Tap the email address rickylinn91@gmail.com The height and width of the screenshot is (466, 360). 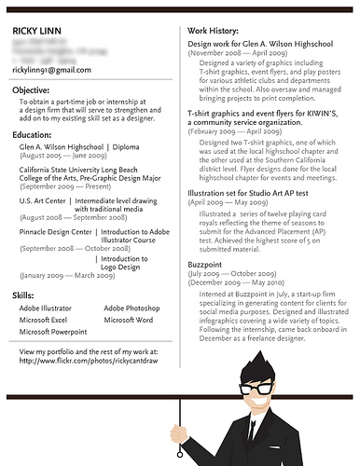tap(51, 70)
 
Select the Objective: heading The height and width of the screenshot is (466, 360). tap(32, 89)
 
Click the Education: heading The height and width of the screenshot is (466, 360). tap(33, 135)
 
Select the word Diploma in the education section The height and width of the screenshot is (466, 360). tap(127, 147)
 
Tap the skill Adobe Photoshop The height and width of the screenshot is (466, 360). tap(132, 308)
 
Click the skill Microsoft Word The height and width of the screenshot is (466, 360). tap(130, 320)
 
